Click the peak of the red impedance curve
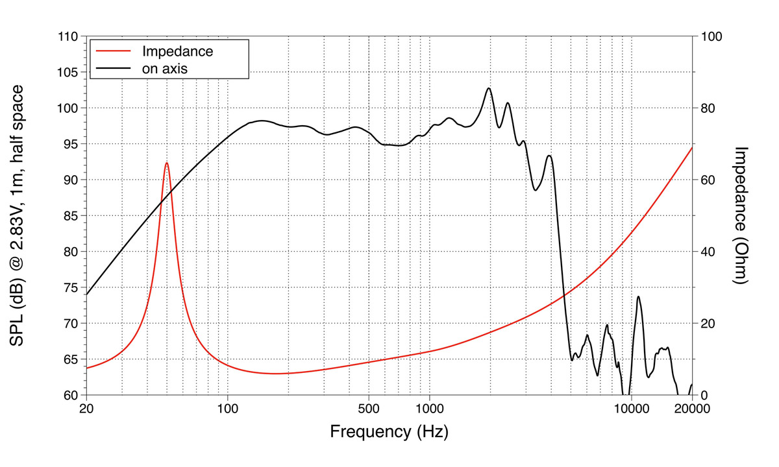click(167, 163)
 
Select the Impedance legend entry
click(177, 51)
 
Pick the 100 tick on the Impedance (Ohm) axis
click(710, 36)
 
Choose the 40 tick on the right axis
click(706, 252)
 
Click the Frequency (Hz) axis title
click(389, 431)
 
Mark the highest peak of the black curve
click(489, 88)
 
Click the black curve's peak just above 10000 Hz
click(639, 296)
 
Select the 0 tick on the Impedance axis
click(702, 395)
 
